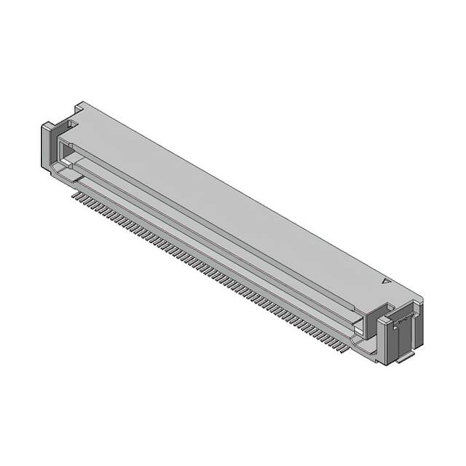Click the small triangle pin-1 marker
click(x=386, y=280)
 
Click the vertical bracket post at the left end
click(x=48, y=146)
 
